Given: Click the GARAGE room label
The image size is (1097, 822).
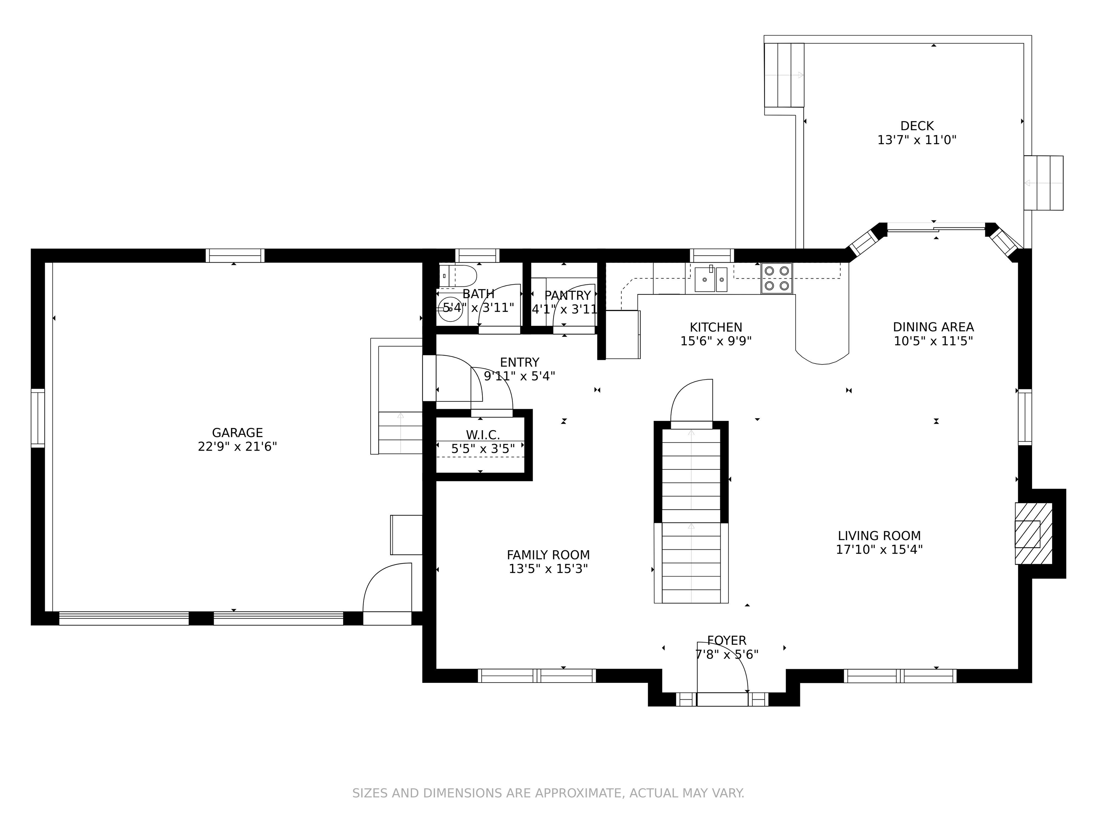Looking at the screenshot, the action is [237, 432].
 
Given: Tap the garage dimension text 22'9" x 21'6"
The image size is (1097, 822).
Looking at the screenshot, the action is [237, 446].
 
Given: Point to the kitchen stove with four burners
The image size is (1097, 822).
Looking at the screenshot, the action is [777, 278].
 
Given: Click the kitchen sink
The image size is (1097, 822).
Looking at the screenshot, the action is [711, 279].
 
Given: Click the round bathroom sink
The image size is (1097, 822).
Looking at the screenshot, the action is [450, 309].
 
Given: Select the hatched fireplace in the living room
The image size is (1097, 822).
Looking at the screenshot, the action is [1033, 534].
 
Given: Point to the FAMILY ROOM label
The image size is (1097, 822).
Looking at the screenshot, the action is [548, 555].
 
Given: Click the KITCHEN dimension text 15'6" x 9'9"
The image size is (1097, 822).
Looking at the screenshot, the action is [716, 341].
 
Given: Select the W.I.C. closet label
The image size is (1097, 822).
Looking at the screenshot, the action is [482, 435].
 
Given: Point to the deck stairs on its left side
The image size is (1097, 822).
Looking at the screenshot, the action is [783, 75].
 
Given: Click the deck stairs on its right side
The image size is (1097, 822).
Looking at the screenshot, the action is [1043, 183].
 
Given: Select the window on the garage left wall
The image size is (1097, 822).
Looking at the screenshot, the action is [38, 418].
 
